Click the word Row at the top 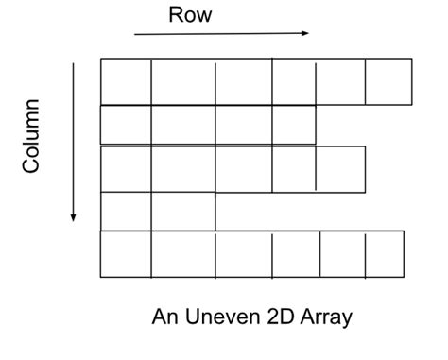pos(190,15)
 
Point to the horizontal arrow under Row pos(221,34)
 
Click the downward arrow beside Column pos(73,143)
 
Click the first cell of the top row pos(126,81)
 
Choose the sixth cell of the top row pos(388,81)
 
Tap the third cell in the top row pos(244,81)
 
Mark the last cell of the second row pos(294,125)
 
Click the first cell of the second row pos(126,125)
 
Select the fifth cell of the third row pos(340,169)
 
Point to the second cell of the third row pos(183,169)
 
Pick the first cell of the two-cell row pos(126,212)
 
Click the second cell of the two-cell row pos(183,212)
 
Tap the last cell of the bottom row pos(385,254)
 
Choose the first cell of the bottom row pos(126,254)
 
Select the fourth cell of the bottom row pos(296,254)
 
